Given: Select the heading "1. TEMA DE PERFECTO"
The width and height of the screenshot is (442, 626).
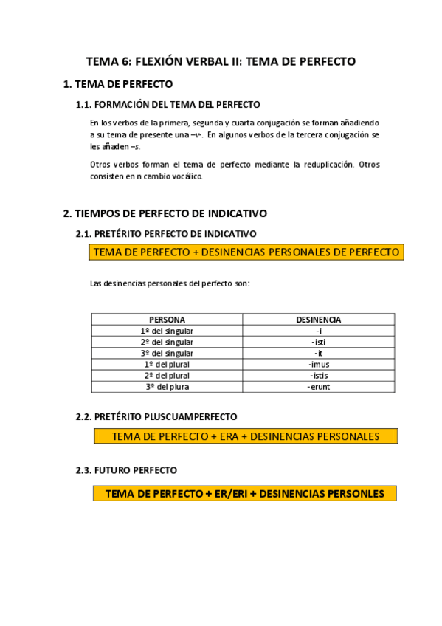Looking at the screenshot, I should pyautogui.click(x=118, y=84).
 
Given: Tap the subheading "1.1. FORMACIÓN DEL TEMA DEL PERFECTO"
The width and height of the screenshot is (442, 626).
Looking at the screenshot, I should pyautogui.click(x=168, y=105).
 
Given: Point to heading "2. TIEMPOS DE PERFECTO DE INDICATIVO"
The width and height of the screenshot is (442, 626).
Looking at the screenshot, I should pyautogui.click(x=165, y=213).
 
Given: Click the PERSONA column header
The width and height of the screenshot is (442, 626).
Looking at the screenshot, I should pyautogui.click(x=167, y=320).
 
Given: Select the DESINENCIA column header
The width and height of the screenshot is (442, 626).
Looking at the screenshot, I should pyautogui.click(x=318, y=320).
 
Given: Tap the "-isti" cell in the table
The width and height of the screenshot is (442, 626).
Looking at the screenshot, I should pyautogui.click(x=318, y=342).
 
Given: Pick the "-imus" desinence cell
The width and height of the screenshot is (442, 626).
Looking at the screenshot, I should pyautogui.click(x=318, y=364).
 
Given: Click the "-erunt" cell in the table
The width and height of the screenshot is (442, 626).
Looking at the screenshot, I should pyautogui.click(x=318, y=386).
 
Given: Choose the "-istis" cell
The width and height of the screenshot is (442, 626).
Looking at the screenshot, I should pyautogui.click(x=318, y=375).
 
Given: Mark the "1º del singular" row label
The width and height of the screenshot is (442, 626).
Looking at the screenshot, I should pyautogui.click(x=167, y=331).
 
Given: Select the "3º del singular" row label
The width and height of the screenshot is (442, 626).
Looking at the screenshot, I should pyautogui.click(x=167, y=353).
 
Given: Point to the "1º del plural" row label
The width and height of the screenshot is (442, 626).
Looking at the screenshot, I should pyautogui.click(x=167, y=364).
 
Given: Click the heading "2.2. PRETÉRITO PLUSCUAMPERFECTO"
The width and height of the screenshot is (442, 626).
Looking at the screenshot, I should pyautogui.click(x=156, y=416).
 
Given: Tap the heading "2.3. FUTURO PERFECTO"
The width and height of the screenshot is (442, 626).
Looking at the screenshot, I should pyautogui.click(x=126, y=469).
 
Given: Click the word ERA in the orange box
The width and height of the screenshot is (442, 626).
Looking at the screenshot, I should pyautogui.click(x=229, y=436).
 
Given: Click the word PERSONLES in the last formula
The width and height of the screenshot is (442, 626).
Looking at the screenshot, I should pyautogui.click(x=356, y=493).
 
